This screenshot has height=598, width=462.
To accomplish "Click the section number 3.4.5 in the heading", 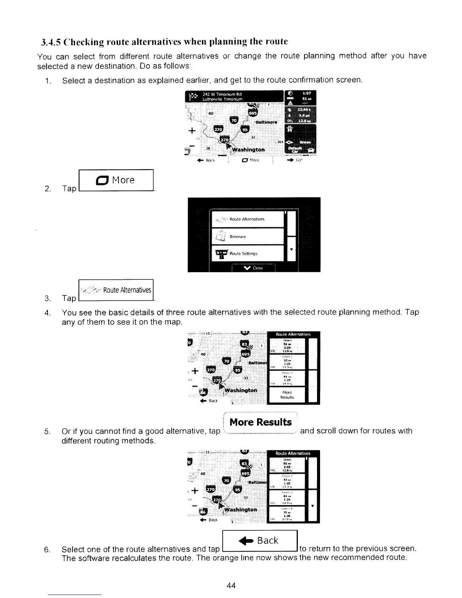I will point(50,41).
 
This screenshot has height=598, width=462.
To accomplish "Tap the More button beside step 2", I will point(116,180).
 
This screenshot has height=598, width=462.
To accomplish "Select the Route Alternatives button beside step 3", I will point(116,290).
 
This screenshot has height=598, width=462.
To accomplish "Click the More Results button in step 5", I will point(260,422).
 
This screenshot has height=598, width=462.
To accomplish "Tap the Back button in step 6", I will point(261,541).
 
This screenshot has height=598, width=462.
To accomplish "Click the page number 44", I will point(231,586).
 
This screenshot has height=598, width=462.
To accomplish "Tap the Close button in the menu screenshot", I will point(254,268).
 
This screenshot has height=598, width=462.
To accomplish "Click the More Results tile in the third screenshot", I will point(287,395).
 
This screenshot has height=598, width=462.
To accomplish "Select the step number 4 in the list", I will point(47,313).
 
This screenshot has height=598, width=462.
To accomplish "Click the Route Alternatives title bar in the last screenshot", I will point(293,453).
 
